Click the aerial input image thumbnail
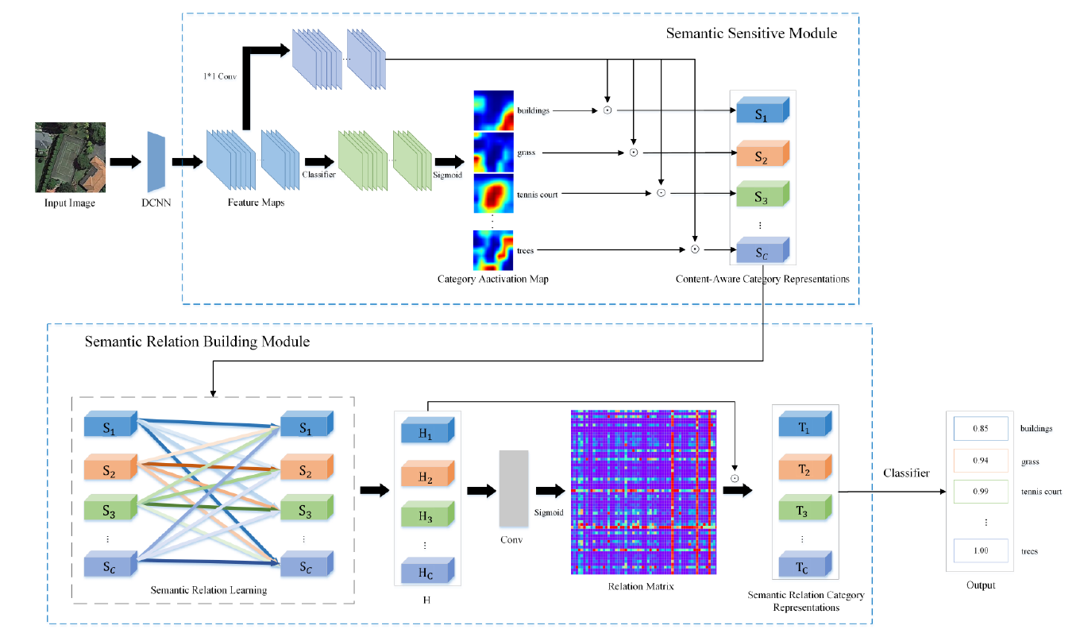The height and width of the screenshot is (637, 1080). click(70, 157)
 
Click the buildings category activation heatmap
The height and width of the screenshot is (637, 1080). click(494, 110)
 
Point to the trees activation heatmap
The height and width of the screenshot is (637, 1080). click(494, 250)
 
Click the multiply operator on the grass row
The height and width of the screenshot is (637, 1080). click(633, 152)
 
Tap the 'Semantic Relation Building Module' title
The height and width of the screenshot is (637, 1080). click(197, 342)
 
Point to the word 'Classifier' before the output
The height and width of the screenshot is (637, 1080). click(907, 474)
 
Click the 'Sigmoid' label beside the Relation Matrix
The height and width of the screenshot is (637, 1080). click(548, 513)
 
